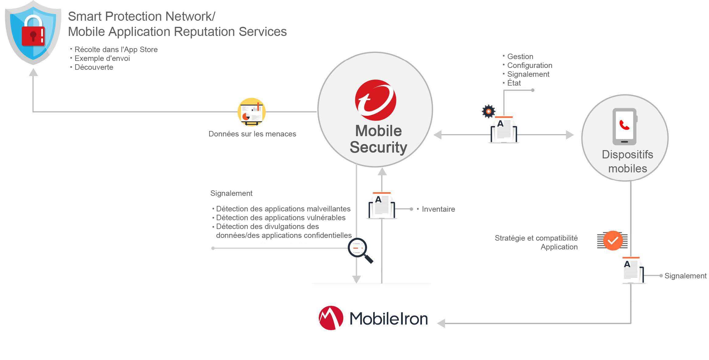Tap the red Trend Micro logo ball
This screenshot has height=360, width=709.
click(x=375, y=100)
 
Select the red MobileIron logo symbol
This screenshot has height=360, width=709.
click(x=331, y=318)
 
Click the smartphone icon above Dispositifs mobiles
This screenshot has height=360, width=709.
click(x=624, y=126)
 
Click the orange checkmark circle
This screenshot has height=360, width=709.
click(x=612, y=241)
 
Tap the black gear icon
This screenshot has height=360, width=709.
click(x=488, y=111)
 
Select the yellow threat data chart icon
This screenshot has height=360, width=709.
click(x=251, y=112)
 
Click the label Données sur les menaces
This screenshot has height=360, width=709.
click(x=252, y=134)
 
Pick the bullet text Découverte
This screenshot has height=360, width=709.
click(x=94, y=67)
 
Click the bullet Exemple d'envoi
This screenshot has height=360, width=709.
click(x=102, y=58)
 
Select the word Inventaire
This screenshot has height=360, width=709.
click(x=438, y=209)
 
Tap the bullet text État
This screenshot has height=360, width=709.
click(x=514, y=83)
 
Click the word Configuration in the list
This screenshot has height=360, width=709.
click(x=529, y=65)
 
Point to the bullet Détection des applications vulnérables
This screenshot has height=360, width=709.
click(x=280, y=218)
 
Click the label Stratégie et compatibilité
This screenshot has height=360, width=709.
click(x=536, y=238)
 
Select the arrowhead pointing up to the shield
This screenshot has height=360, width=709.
click(x=33, y=72)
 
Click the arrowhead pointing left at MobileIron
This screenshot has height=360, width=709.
click(x=441, y=323)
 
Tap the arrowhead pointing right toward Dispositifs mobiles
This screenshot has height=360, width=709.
click(x=570, y=135)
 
